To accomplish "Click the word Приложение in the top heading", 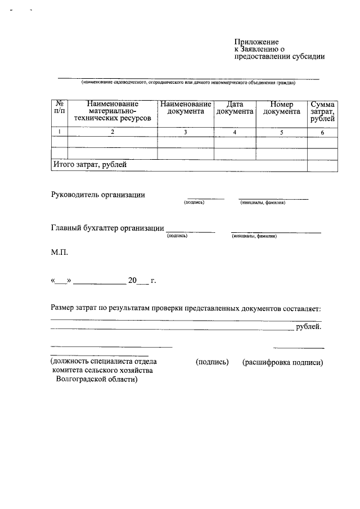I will click(x=256, y=42).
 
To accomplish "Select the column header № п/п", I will click(x=59, y=108).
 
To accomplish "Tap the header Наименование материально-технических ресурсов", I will click(x=112, y=112).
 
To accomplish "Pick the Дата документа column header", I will click(x=234, y=108).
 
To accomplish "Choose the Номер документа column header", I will click(x=281, y=108).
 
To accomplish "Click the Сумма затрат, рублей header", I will click(x=322, y=111).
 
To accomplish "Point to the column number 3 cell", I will click(x=185, y=132).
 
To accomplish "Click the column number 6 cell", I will click(x=322, y=132).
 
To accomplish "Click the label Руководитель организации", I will click(x=98, y=195).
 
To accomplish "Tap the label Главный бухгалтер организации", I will click(x=107, y=228).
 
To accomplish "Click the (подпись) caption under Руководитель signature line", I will click(x=194, y=203).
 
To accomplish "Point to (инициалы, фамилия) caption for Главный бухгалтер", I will click(x=254, y=236).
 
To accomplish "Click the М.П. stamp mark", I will click(x=59, y=253).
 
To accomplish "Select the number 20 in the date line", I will click(x=133, y=280).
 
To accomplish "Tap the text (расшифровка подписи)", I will click(x=282, y=363).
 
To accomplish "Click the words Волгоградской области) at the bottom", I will click(x=97, y=380).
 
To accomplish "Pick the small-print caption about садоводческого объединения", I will click(x=188, y=83).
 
